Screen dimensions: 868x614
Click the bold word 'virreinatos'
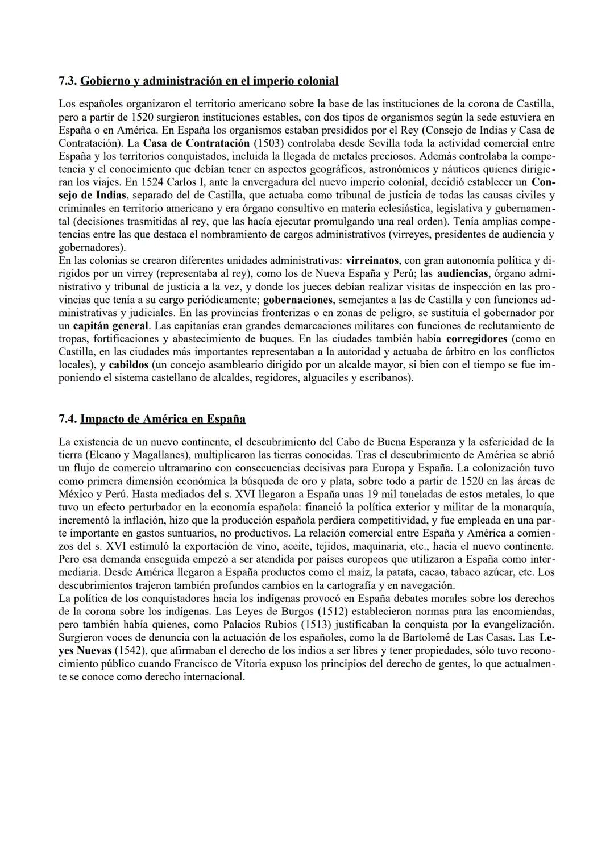click(x=372, y=260)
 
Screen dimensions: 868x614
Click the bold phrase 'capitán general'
click(x=111, y=326)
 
